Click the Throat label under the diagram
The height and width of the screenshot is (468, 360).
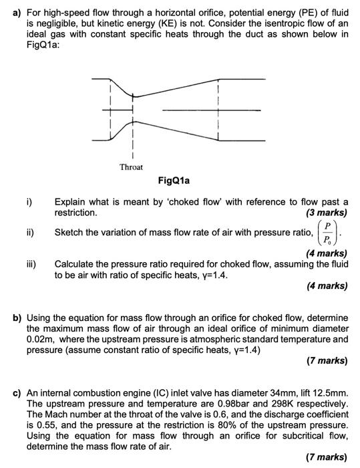(131, 166)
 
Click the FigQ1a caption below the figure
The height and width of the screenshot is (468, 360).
(174, 181)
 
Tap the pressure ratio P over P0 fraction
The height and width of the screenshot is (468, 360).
(331, 234)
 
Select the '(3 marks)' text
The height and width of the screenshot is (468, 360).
(326, 213)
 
